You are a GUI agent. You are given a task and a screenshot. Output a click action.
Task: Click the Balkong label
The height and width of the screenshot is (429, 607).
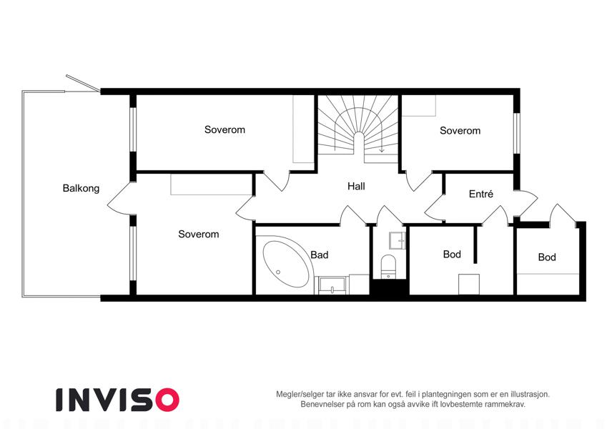coord(81,189)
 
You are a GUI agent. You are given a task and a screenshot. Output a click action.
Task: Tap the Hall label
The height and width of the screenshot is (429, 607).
coord(356,186)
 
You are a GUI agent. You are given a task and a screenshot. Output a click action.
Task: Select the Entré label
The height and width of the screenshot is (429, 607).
coord(480,194)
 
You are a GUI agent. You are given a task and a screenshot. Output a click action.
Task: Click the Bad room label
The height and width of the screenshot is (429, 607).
coord(320,255)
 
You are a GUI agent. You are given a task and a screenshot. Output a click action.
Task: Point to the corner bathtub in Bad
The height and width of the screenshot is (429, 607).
coord(287,264)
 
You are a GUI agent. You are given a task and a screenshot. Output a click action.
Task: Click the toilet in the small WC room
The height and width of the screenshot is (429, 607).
coord(388,266)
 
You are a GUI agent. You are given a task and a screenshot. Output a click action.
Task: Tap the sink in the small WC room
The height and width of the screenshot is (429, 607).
coord(398,240)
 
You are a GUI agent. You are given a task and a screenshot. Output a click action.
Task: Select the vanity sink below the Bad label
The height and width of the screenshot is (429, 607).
coord(332,285)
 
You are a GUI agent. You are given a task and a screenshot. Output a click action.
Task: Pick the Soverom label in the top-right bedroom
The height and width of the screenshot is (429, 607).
coord(460,131)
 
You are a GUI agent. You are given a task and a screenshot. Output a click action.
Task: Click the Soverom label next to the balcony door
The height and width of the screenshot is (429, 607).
coord(199,235)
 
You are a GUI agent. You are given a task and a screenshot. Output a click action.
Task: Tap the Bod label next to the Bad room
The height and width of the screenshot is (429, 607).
coord(452,255)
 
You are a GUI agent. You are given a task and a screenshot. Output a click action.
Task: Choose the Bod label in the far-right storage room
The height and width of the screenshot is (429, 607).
coord(547,257)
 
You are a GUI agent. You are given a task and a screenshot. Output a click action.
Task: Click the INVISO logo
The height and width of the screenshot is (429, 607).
coord(118,400)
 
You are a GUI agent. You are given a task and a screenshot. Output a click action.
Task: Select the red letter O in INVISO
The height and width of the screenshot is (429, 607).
coord(167,400)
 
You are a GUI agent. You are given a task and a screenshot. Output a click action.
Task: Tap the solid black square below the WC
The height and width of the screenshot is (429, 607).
coord(390,287)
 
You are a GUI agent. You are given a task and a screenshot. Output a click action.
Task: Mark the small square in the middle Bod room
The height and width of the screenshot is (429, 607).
coord(469,284)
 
